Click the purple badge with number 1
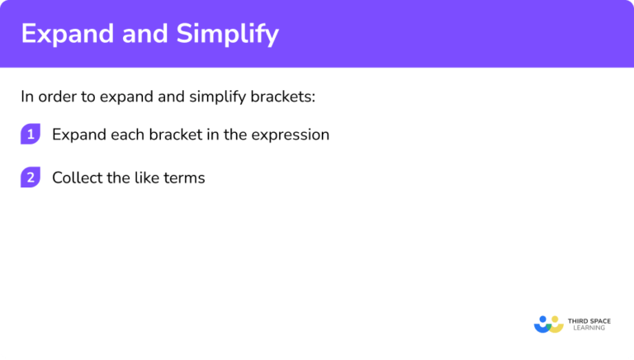click(x=31, y=135)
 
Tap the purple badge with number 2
click(x=31, y=178)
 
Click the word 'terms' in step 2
click(x=184, y=178)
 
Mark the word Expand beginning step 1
click(x=76, y=135)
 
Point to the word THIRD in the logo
click(x=577, y=320)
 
